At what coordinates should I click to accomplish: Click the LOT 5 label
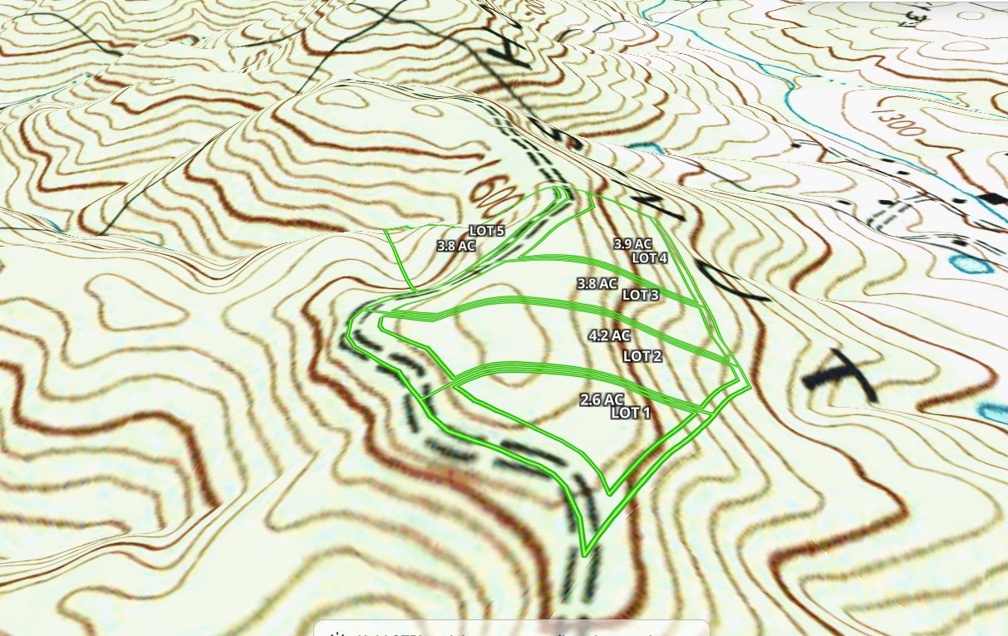point(486,231)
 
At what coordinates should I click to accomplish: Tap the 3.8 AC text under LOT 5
point(455,246)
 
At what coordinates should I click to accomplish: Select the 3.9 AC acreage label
point(632,244)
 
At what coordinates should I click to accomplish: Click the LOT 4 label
point(650,257)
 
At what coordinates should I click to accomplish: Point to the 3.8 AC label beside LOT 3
point(597,284)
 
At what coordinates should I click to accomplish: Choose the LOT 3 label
point(640,295)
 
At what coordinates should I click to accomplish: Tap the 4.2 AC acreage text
point(609,336)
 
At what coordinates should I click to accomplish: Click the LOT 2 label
point(642,356)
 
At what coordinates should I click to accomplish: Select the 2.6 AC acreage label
point(602,400)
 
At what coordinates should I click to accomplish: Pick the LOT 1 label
point(630,413)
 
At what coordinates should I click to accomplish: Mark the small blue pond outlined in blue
point(969,265)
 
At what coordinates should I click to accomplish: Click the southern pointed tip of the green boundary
point(586,554)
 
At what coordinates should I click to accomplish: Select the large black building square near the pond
point(991,198)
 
